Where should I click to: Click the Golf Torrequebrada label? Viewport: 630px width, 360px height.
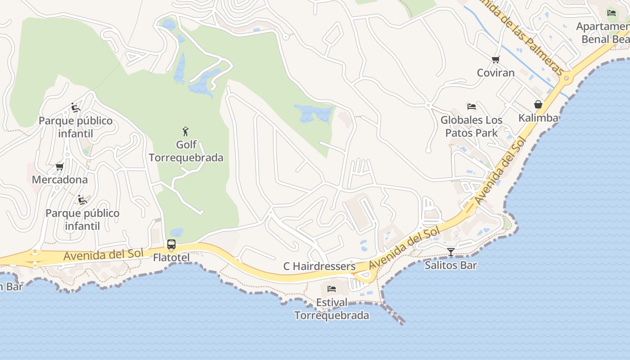(186, 151)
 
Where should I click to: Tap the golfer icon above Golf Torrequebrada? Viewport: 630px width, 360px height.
(185, 131)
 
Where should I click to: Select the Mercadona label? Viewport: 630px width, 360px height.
(60, 180)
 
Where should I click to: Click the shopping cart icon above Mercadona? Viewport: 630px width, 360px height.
(59, 167)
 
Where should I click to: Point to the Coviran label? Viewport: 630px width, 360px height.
(495, 72)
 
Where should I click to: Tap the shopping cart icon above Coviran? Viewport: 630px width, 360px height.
(495, 59)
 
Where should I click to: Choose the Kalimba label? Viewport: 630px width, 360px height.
(538, 118)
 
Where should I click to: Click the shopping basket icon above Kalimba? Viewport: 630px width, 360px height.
(538, 105)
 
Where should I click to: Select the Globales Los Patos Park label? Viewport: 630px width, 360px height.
(471, 126)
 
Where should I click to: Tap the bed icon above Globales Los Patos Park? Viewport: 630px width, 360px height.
(471, 107)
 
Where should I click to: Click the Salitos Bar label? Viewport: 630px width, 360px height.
(450, 265)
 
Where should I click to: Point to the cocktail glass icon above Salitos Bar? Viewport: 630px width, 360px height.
(451, 252)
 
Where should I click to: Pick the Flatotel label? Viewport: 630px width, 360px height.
(171, 257)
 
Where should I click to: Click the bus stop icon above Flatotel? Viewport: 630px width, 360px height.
(171, 245)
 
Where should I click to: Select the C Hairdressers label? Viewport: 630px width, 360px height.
(319, 266)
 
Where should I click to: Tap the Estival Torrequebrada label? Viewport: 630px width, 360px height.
(332, 309)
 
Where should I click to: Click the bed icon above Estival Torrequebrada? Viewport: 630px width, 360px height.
(332, 289)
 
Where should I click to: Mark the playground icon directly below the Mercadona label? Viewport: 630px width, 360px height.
(81, 199)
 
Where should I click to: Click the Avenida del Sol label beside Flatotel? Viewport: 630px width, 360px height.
(103, 255)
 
